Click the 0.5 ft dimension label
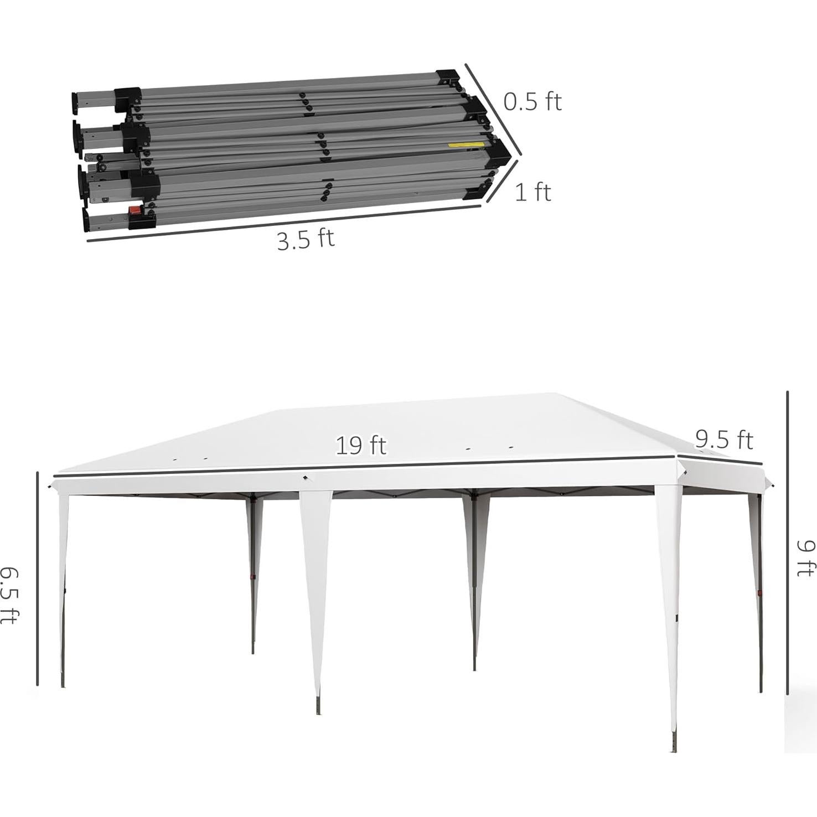[532, 102]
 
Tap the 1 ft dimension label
[533, 193]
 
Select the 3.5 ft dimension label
[306, 240]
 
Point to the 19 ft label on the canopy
[361, 445]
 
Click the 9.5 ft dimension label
[724, 440]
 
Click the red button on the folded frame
[134, 211]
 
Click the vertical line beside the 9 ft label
[787, 542]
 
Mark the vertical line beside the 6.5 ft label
[38, 578]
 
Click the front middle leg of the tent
[316, 598]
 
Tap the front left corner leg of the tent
[63, 587]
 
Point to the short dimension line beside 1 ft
[503, 181]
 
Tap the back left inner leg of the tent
[254, 576]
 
